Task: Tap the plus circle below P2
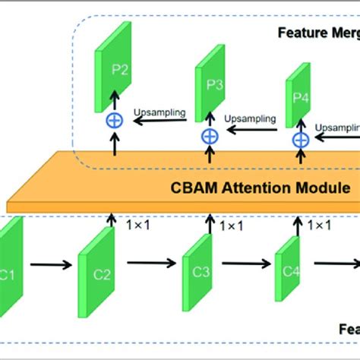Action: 115,121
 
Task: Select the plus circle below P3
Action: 210,136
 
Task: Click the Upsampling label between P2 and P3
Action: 160,112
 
